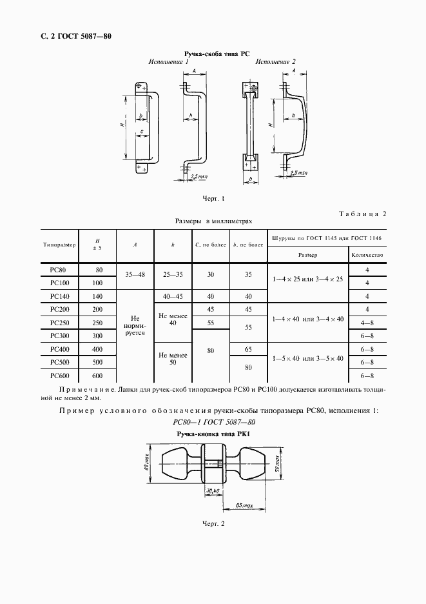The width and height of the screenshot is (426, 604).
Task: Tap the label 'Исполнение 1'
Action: [x=168, y=62]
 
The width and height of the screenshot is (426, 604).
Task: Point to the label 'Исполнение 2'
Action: [x=275, y=62]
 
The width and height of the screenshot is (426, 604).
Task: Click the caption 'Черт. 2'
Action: [x=212, y=523]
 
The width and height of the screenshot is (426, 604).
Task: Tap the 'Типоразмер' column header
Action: [x=59, y=245]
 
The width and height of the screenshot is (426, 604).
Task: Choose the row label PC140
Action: [x=59, y=297]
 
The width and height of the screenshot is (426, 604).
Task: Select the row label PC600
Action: [x=59, y=376]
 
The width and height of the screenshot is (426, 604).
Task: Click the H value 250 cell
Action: [x=97, y=323]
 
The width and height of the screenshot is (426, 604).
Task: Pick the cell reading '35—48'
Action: [x=135, y=274]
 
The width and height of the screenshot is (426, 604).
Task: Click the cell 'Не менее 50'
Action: [x=173, y=359]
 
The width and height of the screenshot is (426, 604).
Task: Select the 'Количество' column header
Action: [x=367, y=254]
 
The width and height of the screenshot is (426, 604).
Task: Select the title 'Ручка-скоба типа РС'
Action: [x=213, y=54]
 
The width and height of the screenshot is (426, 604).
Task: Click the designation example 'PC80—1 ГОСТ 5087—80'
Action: [x=213, y=422]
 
